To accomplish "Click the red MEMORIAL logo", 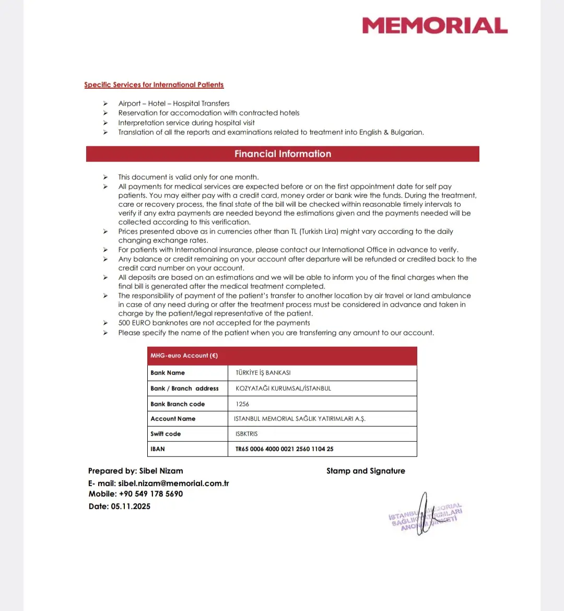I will pyautogui.click(x=434, y=26).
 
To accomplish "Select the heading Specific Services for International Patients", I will pyautogui.click(x=154, y=85).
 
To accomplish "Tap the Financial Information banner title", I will pyautogui.click(x=283, y=154).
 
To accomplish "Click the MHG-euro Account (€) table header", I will pyautogui.click(x=184, y=356).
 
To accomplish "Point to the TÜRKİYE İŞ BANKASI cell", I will pyautogui.click(x=263, y=373).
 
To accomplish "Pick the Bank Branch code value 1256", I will pyautogui.click(x=242, y=404).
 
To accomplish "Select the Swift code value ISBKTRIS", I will pyautogui.click(x=246, y=434).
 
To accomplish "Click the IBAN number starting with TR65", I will pyautogui.click(x=285, y=449).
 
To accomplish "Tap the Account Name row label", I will pyautogui.click(x=173, y=419).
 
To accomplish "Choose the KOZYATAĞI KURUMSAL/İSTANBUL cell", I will pyautogui.click(x=284, y=389).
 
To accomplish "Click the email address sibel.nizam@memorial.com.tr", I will pyautogui.click(x=173, y=484).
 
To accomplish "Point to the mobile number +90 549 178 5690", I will pyautogui.click(x=151, y=494).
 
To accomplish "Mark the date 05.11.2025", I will pyautogui.click(x=131, y=507).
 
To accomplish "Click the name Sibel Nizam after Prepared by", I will pyautogui.click(x=161, y=471).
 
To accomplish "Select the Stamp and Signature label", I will pyautogui.click(x=366, y=471).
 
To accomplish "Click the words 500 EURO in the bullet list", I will pyautogui.click(x=134, y=323).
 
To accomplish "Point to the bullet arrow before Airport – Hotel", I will pyautogui.click(x=105, y=104).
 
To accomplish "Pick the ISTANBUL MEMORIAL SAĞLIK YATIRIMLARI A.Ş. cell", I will pyautogui.click(x=300, y=419).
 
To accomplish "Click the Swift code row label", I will pyautogui.click(x=166, y=434).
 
